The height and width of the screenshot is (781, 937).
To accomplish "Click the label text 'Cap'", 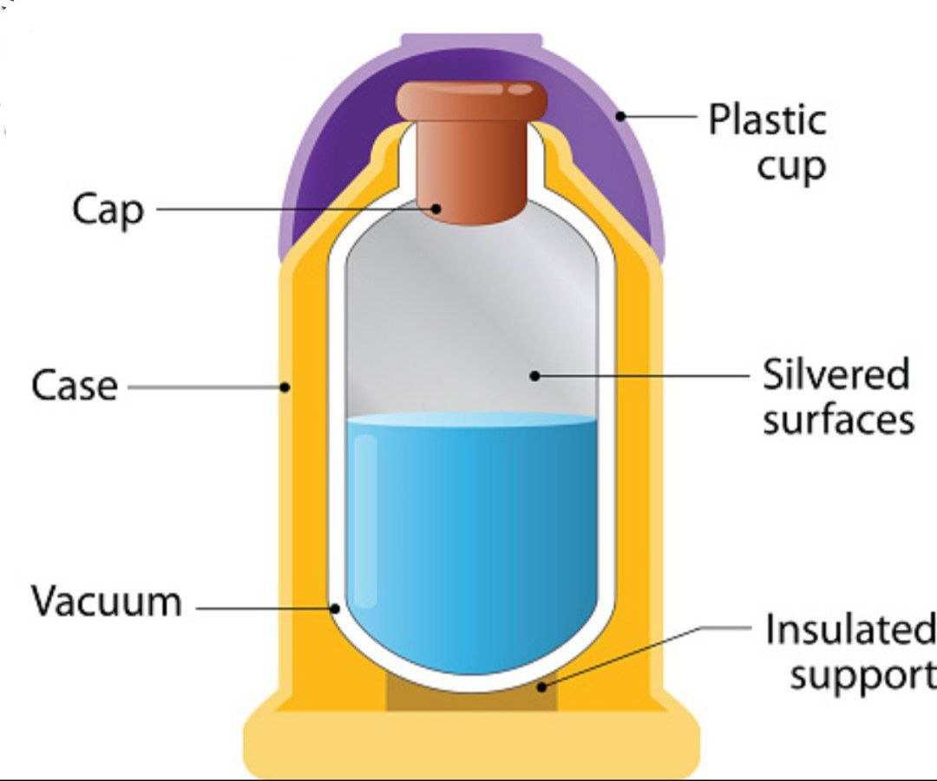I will pyautogui.click(x=108, y=210).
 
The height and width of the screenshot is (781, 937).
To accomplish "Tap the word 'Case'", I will pyautogui.click(x=74, y=386).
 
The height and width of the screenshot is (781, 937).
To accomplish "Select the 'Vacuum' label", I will pyautogui.click(x=107, y=602).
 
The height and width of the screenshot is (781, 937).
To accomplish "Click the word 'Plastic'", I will pyautogui.click(x=767, y=120).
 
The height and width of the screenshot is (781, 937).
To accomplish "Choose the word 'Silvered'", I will pyautogui.click(x=835, y=375).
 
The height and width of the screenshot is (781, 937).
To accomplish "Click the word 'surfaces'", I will pyautogui.click(x=838, y=420).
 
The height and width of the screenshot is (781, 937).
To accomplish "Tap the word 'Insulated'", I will pyautogui.click(x=849, y=630).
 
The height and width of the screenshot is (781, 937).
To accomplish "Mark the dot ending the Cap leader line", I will pyautogui.click(x=439, y=208).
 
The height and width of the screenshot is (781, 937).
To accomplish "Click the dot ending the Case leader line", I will pyautogui.click(x=285, y=387).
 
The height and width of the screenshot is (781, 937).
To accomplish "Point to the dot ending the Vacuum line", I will pyautogui.click(x=336, y=609).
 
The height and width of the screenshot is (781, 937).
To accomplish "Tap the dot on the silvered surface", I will pyautogui.click(x=534, y=375).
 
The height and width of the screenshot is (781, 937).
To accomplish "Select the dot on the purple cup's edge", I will pyautogui.click(x=620, y=114).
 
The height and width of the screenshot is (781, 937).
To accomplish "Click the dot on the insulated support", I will pyautogui.click(x=541, y=687).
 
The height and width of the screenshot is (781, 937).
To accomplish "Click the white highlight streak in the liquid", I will pyautogui.click(x=365, y=520).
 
